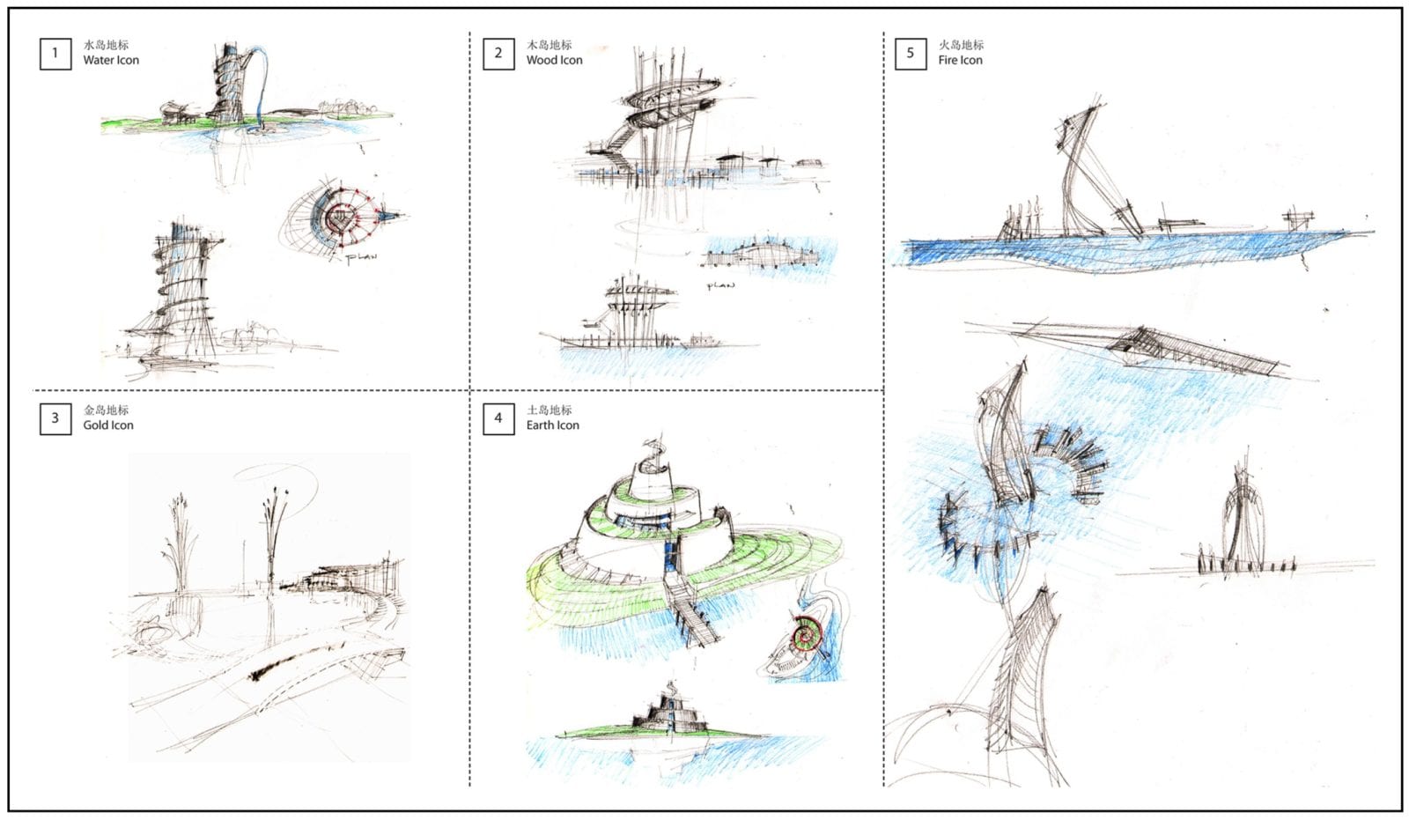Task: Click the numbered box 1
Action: [55, 53]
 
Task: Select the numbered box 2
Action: [498, 53]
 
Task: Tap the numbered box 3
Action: [55, 418]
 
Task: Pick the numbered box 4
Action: [498, 418]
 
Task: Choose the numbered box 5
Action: [910, 53]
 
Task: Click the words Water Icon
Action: [111, 61]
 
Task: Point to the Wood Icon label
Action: [554, 61]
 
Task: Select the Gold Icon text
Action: [108, 425]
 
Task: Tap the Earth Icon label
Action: [552, 425]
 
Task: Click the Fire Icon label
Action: [960, 61]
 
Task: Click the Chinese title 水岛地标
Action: [106, 45]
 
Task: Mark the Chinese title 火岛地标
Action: [961, 45]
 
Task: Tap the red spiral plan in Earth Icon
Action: [805, 634]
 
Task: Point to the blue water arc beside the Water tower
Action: [264, 84]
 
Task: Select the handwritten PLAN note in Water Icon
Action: [360, 258]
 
